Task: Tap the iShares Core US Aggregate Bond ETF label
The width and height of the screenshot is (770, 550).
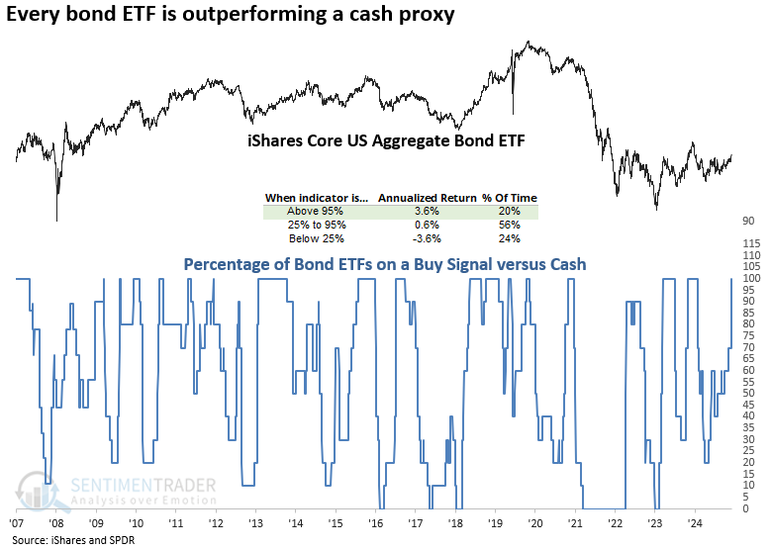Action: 385,141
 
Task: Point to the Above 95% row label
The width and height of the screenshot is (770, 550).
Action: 310,211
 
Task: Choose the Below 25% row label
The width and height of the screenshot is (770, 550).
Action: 310,238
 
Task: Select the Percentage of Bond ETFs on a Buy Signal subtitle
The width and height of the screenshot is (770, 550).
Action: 386,265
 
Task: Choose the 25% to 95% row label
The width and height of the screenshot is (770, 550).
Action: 310,225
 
